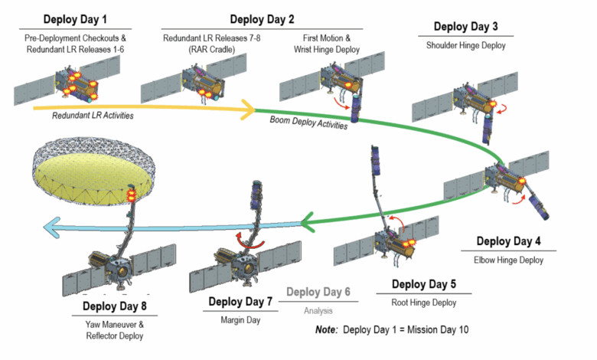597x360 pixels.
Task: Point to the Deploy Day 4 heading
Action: coord(508,241)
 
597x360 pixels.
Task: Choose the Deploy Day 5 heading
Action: coord(423,285)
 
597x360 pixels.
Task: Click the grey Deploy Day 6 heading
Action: coord(318,293)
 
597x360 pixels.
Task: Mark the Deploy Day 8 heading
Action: coord(115,307)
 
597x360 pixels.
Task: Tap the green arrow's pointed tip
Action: coord(302,224)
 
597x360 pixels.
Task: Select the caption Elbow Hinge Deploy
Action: coord(508,260)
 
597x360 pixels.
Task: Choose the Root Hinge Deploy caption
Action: coord(423,303)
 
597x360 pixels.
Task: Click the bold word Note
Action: coord(327,330)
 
